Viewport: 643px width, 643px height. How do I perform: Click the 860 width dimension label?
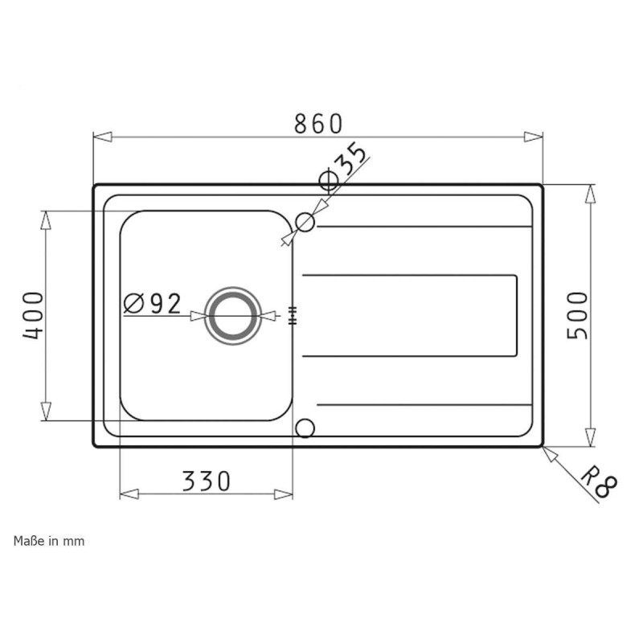(x=318, y=124)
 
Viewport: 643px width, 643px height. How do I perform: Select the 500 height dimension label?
(x=579, y=314)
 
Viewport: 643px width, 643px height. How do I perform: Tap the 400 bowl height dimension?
(x=33, y=314)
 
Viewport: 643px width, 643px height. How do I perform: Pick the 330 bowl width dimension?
(x=207, y=481)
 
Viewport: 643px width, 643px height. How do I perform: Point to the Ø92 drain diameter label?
(x=153, y=303)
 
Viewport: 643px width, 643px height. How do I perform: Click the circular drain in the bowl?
(x=233, y=314)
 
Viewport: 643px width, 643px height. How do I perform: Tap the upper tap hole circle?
(x=305, y=221)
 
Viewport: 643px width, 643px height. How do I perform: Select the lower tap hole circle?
(x=305, y=427)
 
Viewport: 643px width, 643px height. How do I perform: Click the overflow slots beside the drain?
(x=292, y=315)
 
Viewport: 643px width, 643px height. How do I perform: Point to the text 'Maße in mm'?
(x=49, y=541)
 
